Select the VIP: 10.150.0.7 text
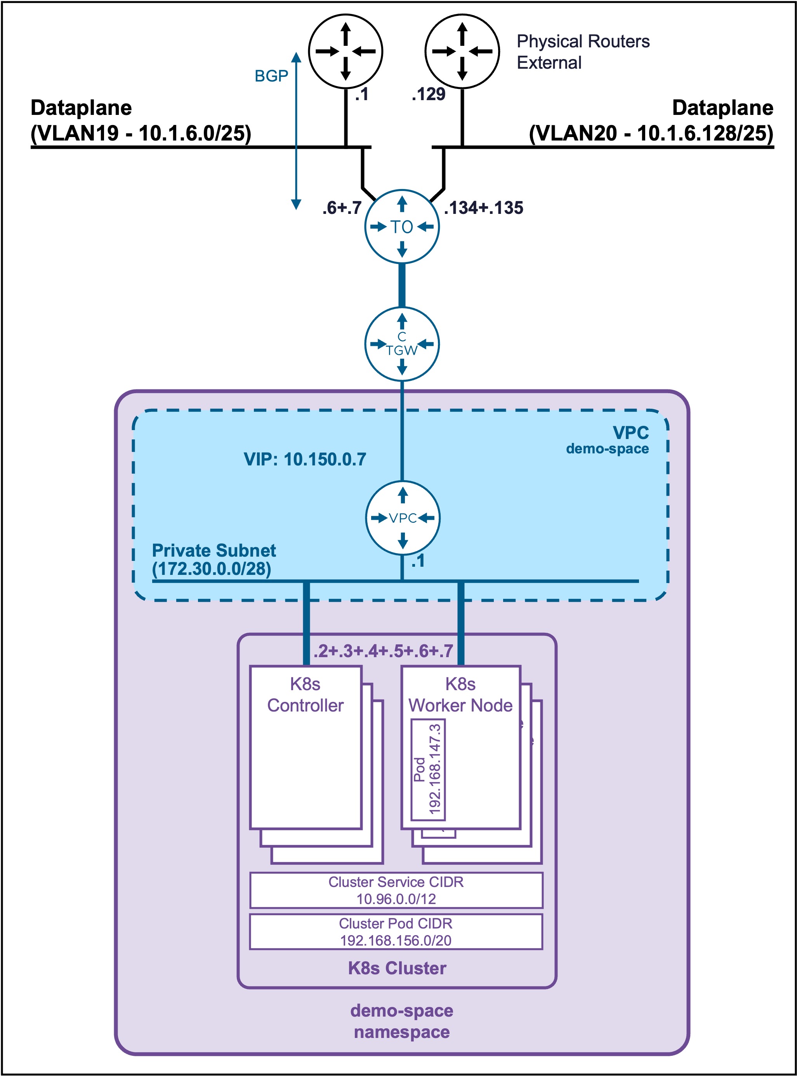pos(305,459)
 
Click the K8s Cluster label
pos(397,968)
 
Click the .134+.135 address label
pos(483,208)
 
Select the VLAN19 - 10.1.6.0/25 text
pos(141,133)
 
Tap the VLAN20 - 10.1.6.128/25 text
pos(651,133)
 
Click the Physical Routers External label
pos(583,52)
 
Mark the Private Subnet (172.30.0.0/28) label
pos(214,559)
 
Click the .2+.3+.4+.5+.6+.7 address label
pos(383,651)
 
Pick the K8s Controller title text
pos(306,694)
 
